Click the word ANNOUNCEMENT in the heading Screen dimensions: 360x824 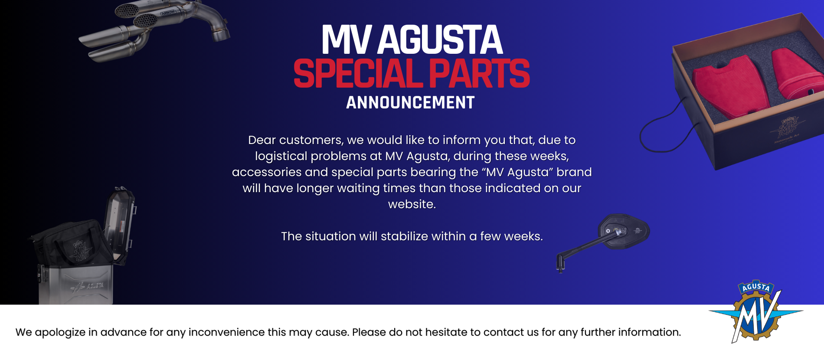(x=410, y=103)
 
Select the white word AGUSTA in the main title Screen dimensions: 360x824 (x=440, y=40)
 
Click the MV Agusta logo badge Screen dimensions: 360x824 (x=756, y=311)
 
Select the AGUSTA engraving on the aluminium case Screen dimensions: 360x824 (x=95, y=286)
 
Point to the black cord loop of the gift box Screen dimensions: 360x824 (x=664, y=130)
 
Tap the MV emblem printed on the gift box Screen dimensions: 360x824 (x=787, y=128)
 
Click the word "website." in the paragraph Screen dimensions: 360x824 (x=412, y=204)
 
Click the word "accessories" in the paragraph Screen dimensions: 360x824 (x=266, y=172)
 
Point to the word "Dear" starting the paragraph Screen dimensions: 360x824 (x=262, y=140)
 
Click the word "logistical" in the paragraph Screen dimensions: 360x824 (x=281, y=156)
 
